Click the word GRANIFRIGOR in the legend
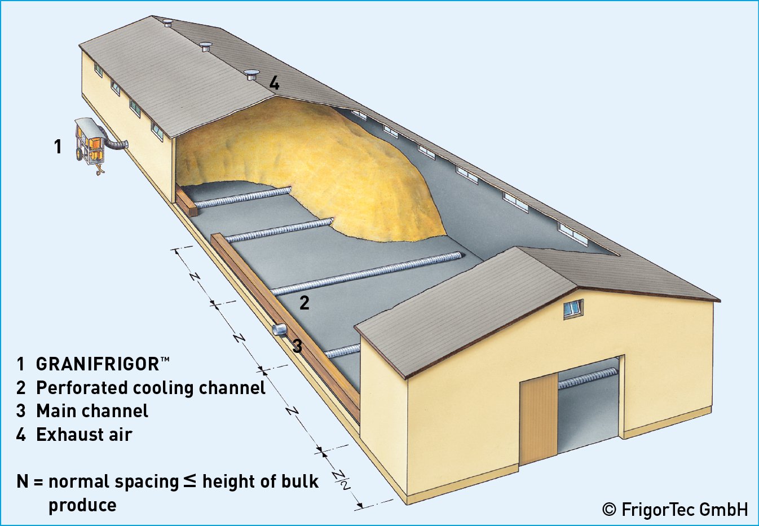[98, 364]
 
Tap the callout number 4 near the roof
[274, 83]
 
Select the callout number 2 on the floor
[305, 303]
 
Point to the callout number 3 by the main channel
[297, 346]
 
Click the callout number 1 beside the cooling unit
[58, 147]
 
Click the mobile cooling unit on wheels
[90, 144]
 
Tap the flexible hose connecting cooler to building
[117, 145]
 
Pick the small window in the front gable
[573, 308]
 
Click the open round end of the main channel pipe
[278, 329]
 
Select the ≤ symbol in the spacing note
[190, 481]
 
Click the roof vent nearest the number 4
[251, 74]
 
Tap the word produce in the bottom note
[82, 505]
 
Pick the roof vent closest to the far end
[167, 23]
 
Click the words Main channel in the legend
[92, 411]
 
